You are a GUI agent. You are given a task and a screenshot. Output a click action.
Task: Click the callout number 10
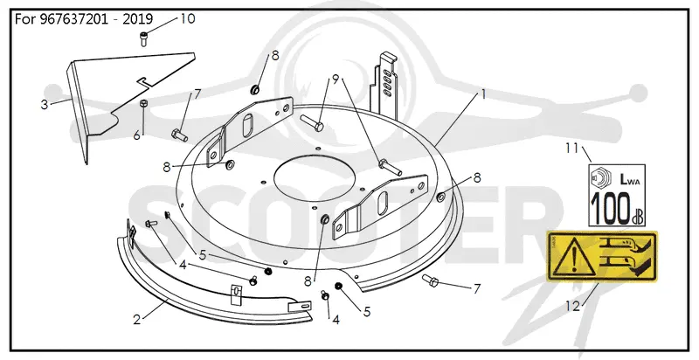[x=188, y=19]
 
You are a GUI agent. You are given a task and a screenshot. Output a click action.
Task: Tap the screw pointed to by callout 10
[x=143, y=38]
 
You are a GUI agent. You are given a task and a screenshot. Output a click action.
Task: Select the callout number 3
[x=45, y=105]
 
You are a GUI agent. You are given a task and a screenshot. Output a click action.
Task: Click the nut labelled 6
[x=143, y=103]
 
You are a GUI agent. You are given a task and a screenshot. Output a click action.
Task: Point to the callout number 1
[x=483, y=95]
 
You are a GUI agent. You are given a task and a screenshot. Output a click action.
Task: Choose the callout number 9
[x=336, y=79]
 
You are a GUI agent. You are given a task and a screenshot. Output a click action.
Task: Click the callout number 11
[x=572, y=148]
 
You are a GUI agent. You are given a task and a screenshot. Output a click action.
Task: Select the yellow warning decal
[x=602, y=256]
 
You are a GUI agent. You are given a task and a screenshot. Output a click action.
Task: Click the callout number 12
[x=573, y=306]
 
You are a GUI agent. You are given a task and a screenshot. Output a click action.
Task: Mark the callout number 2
[x=137, y=320]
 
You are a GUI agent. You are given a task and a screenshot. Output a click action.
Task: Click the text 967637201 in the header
[x=68, y=19]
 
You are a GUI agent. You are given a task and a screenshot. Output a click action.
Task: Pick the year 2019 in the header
[x=137, y=19]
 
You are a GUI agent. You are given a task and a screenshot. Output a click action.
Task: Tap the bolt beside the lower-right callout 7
[x=431, y=280]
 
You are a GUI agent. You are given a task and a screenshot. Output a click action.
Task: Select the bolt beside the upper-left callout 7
[x=179, y=134]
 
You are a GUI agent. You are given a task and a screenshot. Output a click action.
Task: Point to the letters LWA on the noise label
[x=630, y=179]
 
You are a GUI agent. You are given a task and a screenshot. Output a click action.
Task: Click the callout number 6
[x=137, y=135]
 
